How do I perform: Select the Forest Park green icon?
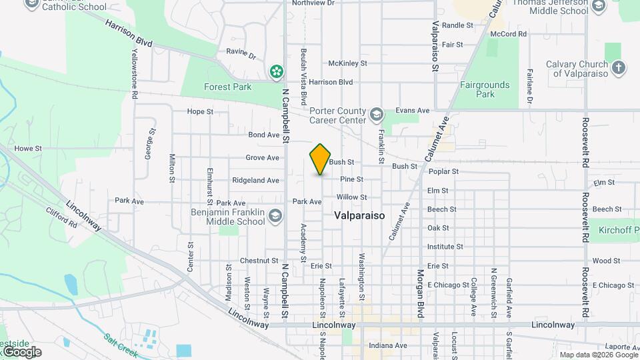(275, 71)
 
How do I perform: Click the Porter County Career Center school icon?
(377, 115)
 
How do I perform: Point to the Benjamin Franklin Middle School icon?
(275, 215)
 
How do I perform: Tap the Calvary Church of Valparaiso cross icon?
(619, 67)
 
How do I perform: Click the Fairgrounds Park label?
(485, 89)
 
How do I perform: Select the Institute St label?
(445, 247)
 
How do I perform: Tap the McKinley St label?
(347, 63)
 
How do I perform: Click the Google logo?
(21, 352)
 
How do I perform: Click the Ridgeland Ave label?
(255, 181)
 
